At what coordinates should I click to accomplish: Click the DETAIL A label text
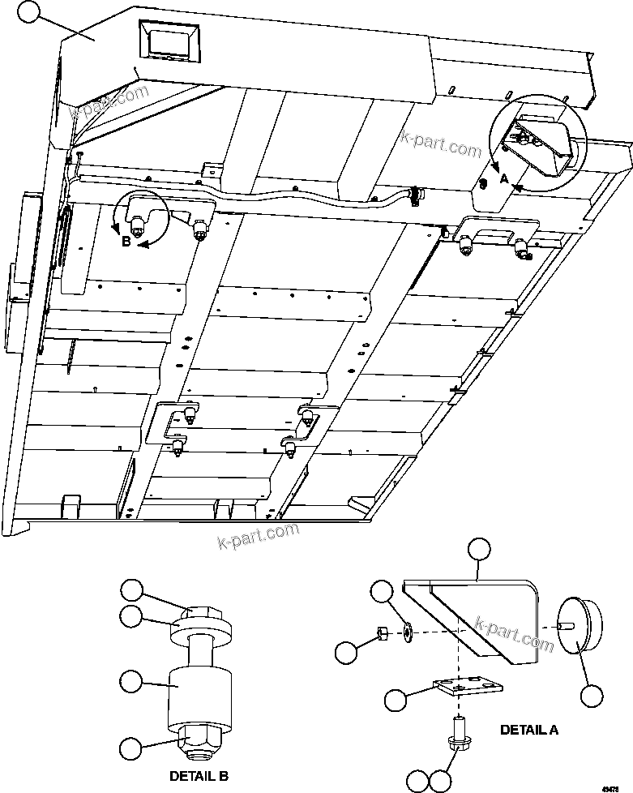tap(528, 729)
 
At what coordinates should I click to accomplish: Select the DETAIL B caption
tap(198, 776)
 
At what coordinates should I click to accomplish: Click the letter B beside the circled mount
tap(126, 241)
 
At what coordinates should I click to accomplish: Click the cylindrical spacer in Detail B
tap(199, 697)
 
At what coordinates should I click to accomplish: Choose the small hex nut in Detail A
tap(382, 632)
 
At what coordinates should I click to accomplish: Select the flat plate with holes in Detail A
tap(465, 688)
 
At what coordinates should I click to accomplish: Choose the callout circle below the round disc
tap(593, 695)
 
